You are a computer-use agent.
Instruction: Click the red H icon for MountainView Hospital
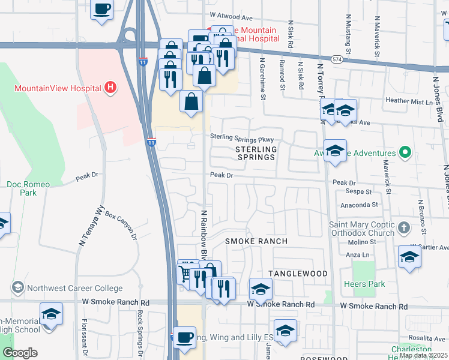[x=110, y=88]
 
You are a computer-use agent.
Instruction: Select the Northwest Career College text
[x=74, y=288]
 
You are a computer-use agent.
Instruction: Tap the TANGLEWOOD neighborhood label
[x=298, y=274]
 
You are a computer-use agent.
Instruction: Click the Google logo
[x=20, y=353]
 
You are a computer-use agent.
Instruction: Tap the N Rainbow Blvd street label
[x=204, y=230]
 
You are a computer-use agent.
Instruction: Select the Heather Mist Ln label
[x=409, y=101]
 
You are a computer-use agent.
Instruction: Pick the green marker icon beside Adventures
[x=405, y=154]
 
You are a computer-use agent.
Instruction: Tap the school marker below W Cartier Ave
[x=409, y=257]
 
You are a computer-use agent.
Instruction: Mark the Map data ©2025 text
[x=423, y=355]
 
